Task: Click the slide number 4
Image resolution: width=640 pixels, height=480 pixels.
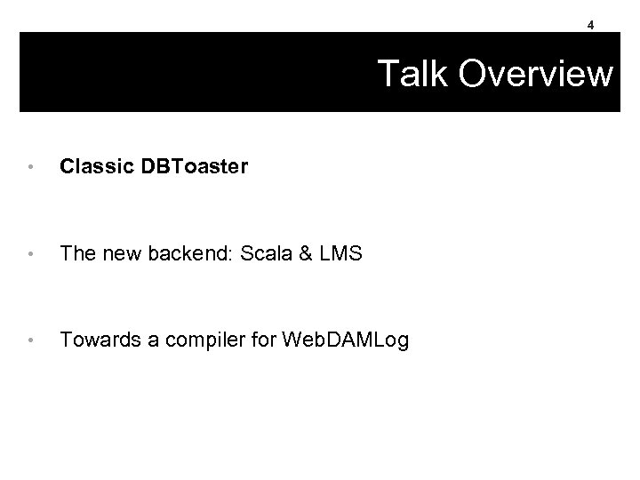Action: (590, 26)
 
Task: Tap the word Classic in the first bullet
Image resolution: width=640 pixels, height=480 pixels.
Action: (87, 166)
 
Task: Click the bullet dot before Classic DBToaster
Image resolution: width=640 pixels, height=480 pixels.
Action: (31, 167)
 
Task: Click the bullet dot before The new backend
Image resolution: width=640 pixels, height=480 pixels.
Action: (31, 253)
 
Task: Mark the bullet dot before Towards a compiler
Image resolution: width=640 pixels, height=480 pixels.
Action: (31, 339)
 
